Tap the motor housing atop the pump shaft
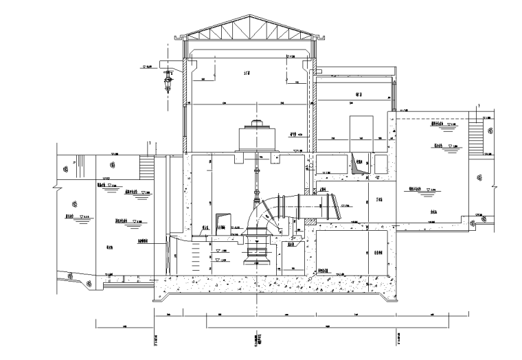[x=257, y=137]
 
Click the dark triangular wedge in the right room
[x=357, y=164]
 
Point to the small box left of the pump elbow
[x=221, y=220]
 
